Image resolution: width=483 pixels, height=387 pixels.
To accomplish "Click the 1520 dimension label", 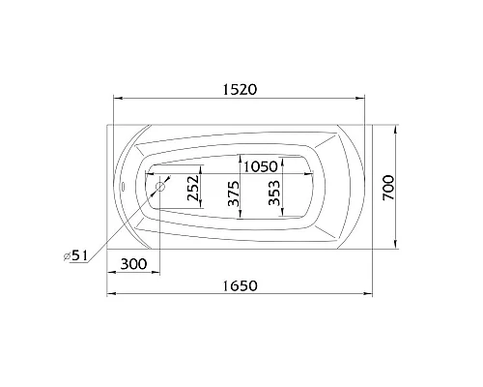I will point(237,88).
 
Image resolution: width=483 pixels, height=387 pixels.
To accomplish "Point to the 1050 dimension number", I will point(261,165).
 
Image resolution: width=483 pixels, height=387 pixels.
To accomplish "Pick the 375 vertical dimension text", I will point(233,197).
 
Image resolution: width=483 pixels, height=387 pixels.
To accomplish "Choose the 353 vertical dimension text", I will point(274,197).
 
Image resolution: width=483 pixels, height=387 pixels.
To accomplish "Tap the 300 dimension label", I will point(134,264).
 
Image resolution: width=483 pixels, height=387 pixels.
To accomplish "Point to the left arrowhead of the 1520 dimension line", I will point(118,98).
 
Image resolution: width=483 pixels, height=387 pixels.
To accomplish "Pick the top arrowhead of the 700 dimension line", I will point(397,126).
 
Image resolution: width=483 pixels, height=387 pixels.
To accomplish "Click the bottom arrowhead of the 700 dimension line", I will point(397,246).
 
